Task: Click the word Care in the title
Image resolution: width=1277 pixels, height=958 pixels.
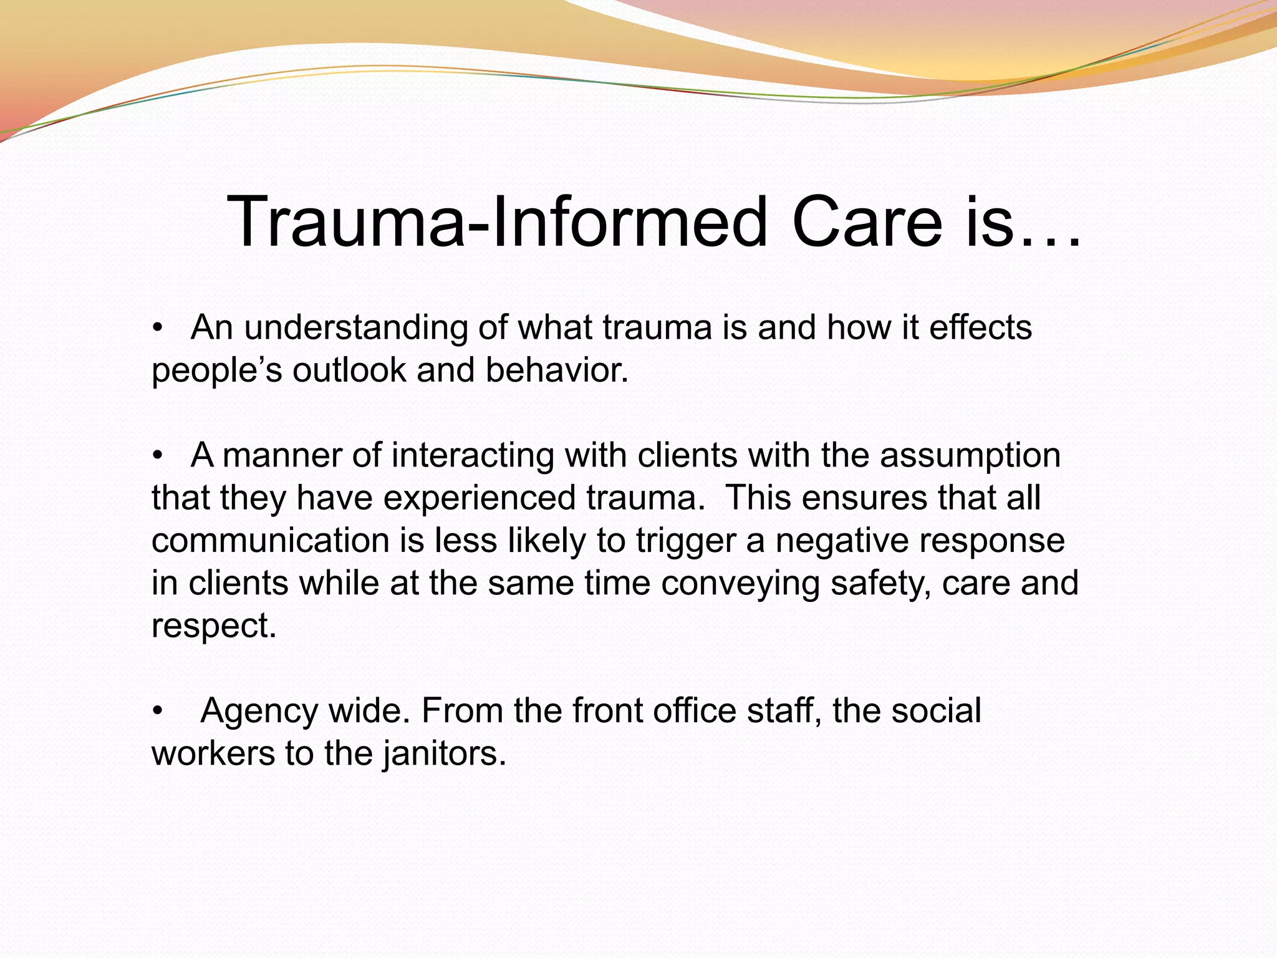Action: pyautogui.click(x=867, y=222)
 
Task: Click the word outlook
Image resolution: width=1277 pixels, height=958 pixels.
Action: pyautogui.click(x=349, y=370)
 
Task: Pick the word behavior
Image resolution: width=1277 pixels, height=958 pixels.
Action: pyautogui.click(x=556, y=370)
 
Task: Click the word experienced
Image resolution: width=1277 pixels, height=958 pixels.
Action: pyautogui.click(x=479, y=498)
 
